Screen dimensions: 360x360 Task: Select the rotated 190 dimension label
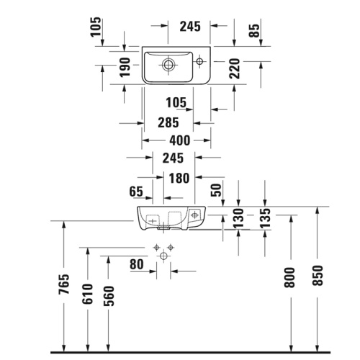[x=125, y=67]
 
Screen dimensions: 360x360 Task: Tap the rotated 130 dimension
[x=238, y=218]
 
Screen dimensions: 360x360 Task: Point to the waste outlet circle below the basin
[x=163, y=256]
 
